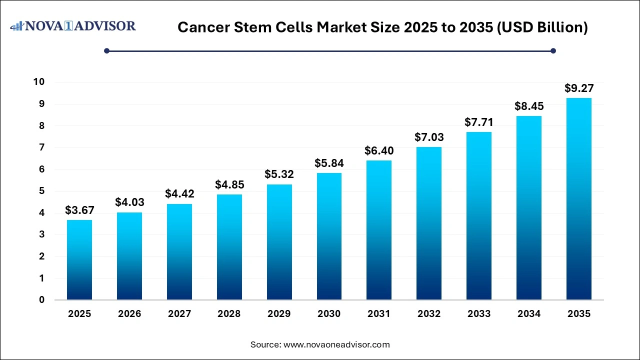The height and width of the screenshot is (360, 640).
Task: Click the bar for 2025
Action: (79, 260)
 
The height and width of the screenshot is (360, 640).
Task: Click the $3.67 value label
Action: (79, 210)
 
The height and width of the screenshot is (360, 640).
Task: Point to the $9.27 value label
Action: (578, 88)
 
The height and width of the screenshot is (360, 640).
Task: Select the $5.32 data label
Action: (279, 174)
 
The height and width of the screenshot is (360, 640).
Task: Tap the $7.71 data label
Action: (479, 122)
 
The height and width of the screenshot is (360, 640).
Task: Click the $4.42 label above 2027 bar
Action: (179, 194)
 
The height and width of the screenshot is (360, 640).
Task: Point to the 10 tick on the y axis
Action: (38, 82)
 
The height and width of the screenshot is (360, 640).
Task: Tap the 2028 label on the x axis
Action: (229, 314)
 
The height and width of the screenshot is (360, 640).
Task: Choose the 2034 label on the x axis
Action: (528, 314)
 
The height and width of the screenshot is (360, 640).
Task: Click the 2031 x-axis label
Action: (379, 314)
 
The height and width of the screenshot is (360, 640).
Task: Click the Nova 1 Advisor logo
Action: (73, 25)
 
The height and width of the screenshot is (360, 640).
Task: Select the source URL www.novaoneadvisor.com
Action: (336, 344)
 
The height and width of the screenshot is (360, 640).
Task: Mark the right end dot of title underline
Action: (553, 50)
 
